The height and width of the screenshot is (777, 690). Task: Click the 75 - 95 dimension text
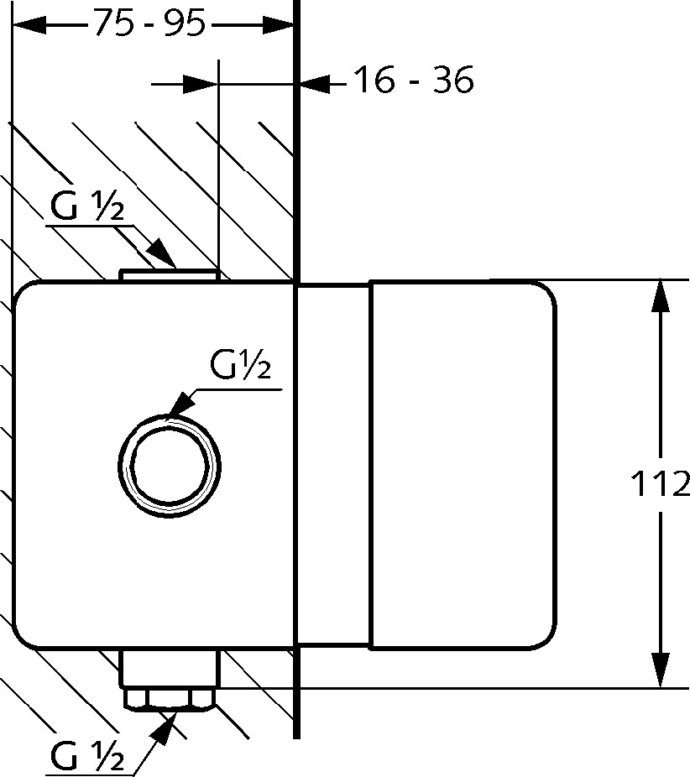(149, 23)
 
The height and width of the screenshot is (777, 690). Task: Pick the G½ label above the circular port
(240, 364)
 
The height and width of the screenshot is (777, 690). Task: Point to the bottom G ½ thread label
(87, 757)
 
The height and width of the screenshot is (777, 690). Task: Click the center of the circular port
(170, 467)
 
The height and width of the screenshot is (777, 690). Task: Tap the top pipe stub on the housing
(170, 275)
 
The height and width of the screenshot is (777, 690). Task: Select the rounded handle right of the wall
(462, 465)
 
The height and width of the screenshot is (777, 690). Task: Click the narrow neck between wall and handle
(333, 465)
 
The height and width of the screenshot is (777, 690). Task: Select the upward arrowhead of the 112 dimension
(660, 296)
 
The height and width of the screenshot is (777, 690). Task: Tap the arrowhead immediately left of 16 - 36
(313, 84)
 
